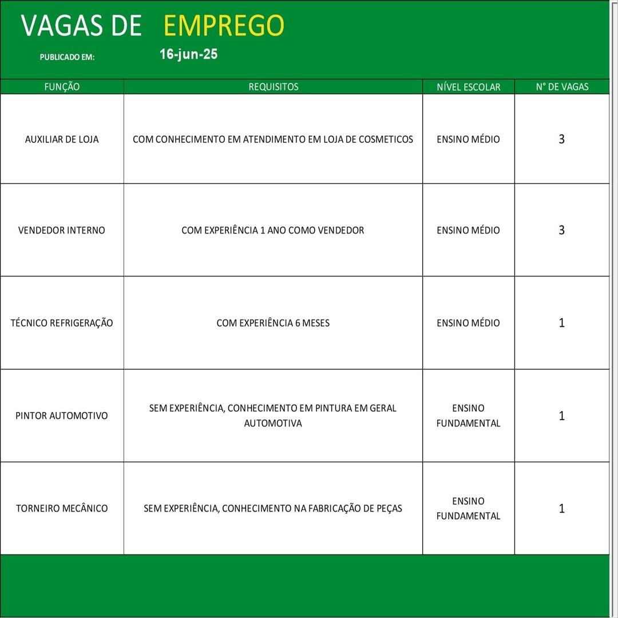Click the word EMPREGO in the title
tap(224, 26)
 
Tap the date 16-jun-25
tap(188, 54)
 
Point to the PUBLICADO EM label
tap(67, 57)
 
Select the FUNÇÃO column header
tap(62, 87)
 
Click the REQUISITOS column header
tap(273, 87)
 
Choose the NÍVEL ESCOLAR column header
tap(468, 87)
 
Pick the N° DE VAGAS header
tap(562, 87)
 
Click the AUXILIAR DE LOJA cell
tap(62, 139)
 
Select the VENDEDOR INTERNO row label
tap(62, 230)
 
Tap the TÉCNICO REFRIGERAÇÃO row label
tap(62, 323)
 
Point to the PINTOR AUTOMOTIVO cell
tap(62, 415)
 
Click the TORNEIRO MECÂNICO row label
tap(62, 508)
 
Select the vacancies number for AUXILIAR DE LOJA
tap(561, 139)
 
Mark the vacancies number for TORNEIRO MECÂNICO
tap(561, 508)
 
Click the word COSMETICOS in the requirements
tap(386, 139)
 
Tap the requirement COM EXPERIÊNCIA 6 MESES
tap(273, 323)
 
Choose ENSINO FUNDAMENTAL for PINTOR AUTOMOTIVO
tap(468, 415)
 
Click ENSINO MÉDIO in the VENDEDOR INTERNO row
tap(468, 230)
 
